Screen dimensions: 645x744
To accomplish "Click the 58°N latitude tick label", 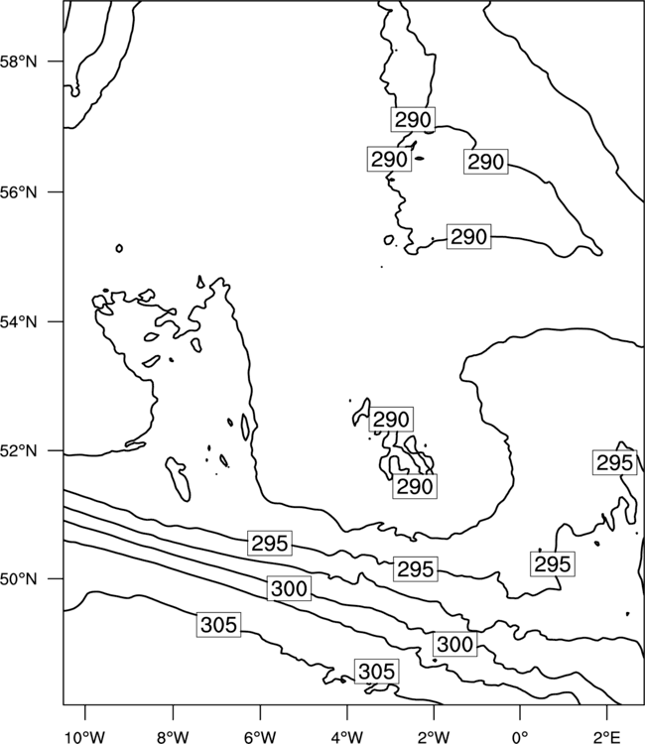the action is point(18,62).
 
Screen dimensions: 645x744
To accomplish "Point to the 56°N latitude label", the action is point(18,192).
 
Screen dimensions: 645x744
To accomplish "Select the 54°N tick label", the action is point(18,322).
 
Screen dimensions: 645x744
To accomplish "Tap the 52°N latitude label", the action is point(18,450).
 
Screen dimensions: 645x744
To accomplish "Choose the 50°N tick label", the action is point(18,579).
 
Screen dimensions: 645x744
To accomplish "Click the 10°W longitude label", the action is point(85,737).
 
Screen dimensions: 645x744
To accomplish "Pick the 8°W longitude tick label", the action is point(173,737).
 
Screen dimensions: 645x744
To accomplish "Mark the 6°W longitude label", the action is point(260,737).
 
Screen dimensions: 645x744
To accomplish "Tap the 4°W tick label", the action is point(346,737).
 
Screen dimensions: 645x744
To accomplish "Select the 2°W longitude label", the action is point(434,737).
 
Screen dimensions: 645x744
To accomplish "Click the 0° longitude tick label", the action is point(520,737).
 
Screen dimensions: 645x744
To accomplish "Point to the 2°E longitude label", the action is point(607,737).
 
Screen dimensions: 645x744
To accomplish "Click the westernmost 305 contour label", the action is point(218,624).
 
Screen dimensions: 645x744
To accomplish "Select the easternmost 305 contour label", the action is point(377,672).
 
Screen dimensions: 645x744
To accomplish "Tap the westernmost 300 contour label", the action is point(289,588).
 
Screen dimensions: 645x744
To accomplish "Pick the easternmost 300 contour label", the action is point(454,644).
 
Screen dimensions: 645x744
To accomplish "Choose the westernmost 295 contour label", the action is point(270,544).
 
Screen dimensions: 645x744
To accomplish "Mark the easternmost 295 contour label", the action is point(614,462).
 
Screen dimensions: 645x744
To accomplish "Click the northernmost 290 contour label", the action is point(414,120).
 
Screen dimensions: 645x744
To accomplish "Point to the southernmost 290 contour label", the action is point(415,486).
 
